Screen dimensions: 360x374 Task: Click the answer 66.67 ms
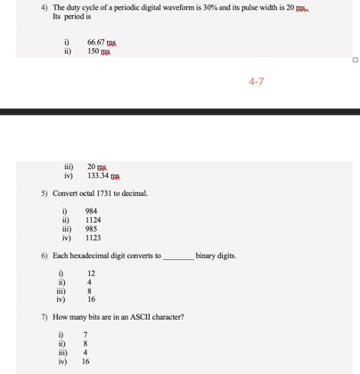pyautogui.click(x=103, y=41)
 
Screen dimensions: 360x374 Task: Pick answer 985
pyautogui.click(x=92, y=230)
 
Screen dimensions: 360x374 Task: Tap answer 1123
pyautogui.click(x=94, y=239)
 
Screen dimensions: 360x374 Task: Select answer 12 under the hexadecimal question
pyautogui.click(x=90, y=274)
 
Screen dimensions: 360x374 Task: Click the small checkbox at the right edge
pyautogui.click(x=354, y=61)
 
